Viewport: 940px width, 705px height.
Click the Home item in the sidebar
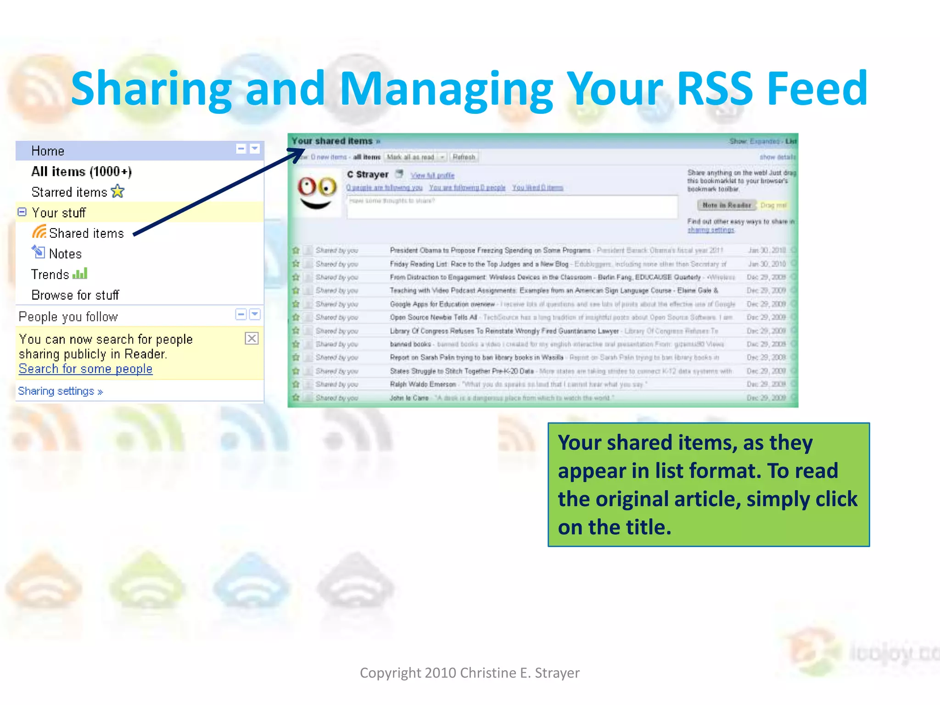point(48,151)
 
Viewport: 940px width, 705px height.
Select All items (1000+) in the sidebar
point(81,172)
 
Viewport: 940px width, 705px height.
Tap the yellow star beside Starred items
point(118,191)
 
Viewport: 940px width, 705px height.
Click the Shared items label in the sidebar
point(86,233)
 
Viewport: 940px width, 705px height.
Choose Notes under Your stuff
point(65,254)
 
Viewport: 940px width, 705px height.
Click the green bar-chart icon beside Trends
point(80,274)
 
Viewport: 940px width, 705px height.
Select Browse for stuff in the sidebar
point(75,295)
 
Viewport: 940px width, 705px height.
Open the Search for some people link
point(85,369)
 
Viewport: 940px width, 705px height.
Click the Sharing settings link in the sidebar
point(60,391)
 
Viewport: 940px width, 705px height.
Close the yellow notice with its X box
point(252,339)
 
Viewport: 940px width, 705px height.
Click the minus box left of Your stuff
point(22,212)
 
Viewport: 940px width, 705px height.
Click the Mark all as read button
point(411,157)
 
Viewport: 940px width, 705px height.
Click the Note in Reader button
point(726,205)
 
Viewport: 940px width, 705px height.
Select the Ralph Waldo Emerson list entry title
point(423,384)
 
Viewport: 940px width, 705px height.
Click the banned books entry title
point(410,344)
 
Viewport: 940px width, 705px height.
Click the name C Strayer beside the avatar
point(368,174)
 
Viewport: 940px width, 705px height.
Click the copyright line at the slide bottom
point(470,673)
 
